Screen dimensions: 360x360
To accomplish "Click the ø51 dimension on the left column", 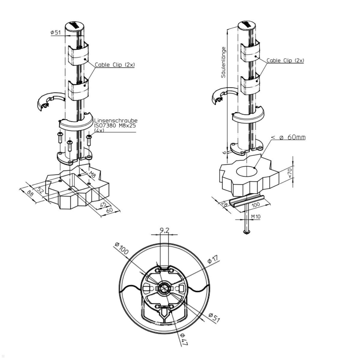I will (56, 32).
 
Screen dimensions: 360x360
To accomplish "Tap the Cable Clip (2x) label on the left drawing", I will (115, 65).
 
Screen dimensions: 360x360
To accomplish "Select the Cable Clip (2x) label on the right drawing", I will (285, 61).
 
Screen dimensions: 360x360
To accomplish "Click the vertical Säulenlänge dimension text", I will (223, 62).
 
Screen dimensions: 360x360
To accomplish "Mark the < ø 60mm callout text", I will (288, 137).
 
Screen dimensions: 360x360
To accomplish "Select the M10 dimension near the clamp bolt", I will (256, 216).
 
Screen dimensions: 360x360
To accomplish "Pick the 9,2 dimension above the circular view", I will (164, 230).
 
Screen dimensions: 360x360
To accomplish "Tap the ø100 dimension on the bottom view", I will (122, 248).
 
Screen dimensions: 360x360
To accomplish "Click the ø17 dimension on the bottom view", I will (214, 259).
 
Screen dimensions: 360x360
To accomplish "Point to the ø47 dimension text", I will (184, 339).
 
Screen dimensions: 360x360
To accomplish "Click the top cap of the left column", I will (74, 26).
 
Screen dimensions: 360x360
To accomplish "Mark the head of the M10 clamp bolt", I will (247, 232).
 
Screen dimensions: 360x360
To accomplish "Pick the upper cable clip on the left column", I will (78, 55).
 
